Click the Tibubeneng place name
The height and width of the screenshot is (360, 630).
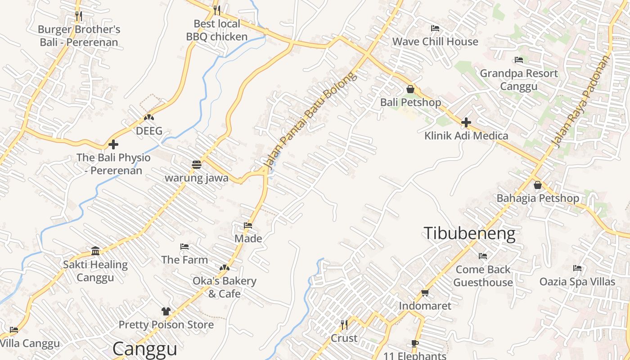[469, 233]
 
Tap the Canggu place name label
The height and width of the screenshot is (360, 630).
[144, 349]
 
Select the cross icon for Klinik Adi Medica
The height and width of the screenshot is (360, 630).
[466, 122]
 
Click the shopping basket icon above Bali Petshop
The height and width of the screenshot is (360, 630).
[410, 89]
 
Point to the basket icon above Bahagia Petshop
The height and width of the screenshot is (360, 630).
[537, 185]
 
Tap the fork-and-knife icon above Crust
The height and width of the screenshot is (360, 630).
[344, 325]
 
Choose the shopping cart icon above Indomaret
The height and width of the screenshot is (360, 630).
[425, 293]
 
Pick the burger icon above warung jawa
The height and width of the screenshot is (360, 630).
[197, 165]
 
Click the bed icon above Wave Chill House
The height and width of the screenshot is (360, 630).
[435, 28]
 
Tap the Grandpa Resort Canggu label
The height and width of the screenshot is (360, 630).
[519, 80]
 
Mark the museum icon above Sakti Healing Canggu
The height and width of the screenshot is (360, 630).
[95, 251]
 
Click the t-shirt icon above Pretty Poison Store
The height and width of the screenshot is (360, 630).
[166, 311]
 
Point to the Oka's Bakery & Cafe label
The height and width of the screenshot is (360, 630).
[225, 287]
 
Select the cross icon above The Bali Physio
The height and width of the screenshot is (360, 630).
[113, 144]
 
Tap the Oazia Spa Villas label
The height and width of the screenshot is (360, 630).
[577, 282]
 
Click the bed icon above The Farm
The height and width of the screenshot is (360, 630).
[184, 247]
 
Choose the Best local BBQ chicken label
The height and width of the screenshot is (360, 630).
[217, 30]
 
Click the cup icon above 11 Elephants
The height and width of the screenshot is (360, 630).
[415, 344]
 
